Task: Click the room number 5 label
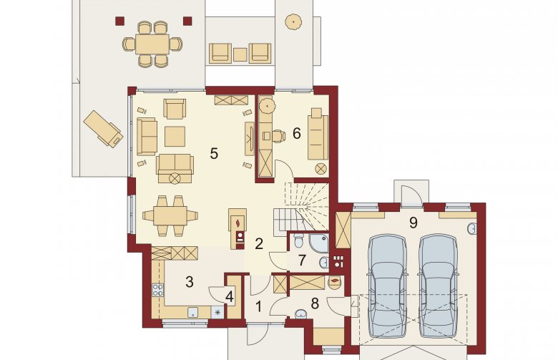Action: coord(213,153)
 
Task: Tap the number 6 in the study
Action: coord(296,133)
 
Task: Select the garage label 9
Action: coord(413,223)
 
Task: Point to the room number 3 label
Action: coord(190,282)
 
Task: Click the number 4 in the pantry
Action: coord(230,296)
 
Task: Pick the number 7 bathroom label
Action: coord(302,261)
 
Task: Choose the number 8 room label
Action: coord(315,303)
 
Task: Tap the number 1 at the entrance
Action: coord(259,306)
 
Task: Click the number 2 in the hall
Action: coord(259,243)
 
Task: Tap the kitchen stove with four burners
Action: coord(157,290)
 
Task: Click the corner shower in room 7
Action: coord(319,242)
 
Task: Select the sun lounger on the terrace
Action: coord(103,129)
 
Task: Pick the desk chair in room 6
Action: coord(279,136)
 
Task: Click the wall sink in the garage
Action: coord(472,229)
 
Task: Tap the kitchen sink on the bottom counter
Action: coord(193,312)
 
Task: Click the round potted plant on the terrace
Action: coord(293,21)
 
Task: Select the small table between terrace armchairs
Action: coord(240,55)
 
